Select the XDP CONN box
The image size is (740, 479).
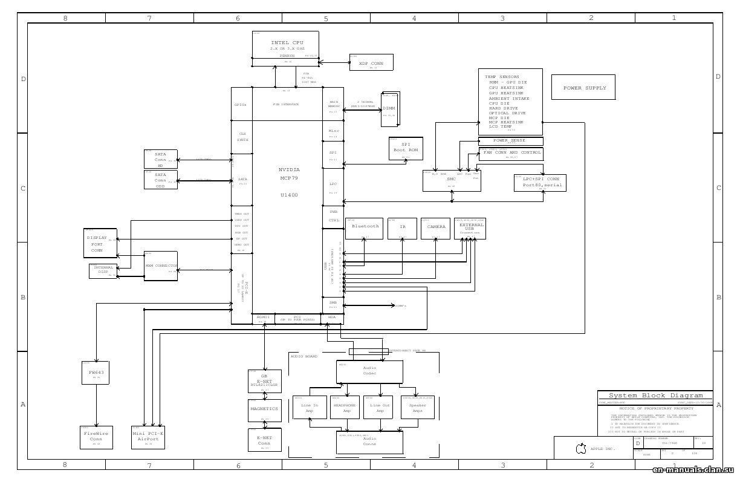coord(371,62)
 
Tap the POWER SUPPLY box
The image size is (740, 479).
coord(583,88)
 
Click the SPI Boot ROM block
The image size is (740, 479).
coord(406,148)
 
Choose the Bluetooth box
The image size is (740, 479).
coord(365,229)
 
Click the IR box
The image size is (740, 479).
coord(402,229)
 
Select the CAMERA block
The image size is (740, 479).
coord(436,229)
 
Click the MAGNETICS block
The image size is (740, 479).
coord(264,410)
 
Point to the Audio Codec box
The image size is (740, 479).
coord(369,371)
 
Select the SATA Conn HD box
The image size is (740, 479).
coord(161,158)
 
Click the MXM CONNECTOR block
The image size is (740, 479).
coord(161,266)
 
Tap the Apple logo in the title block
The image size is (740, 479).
coord(581,449)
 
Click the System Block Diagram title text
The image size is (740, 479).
coord(655,396)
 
